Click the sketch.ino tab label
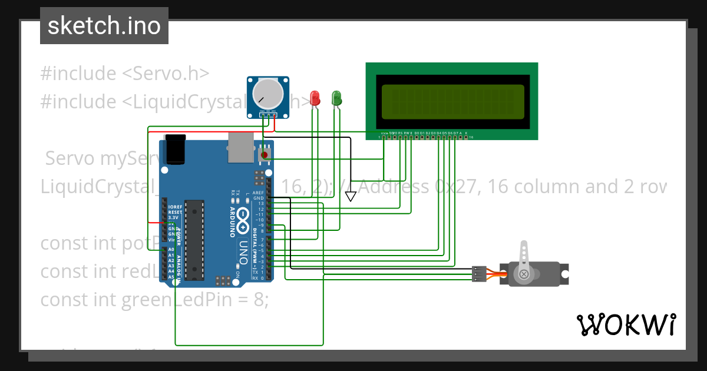[x=104, y=26]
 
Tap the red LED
[x=315, y=98]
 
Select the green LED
[x=337, y=98]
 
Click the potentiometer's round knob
[x=267, y=94]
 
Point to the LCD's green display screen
[x=452, y=101]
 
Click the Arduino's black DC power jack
[x=176, y=150]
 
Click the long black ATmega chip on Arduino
[x=194, y=240]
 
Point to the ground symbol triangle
[x=351, y=197]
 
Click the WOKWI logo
[x=626, y=324]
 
